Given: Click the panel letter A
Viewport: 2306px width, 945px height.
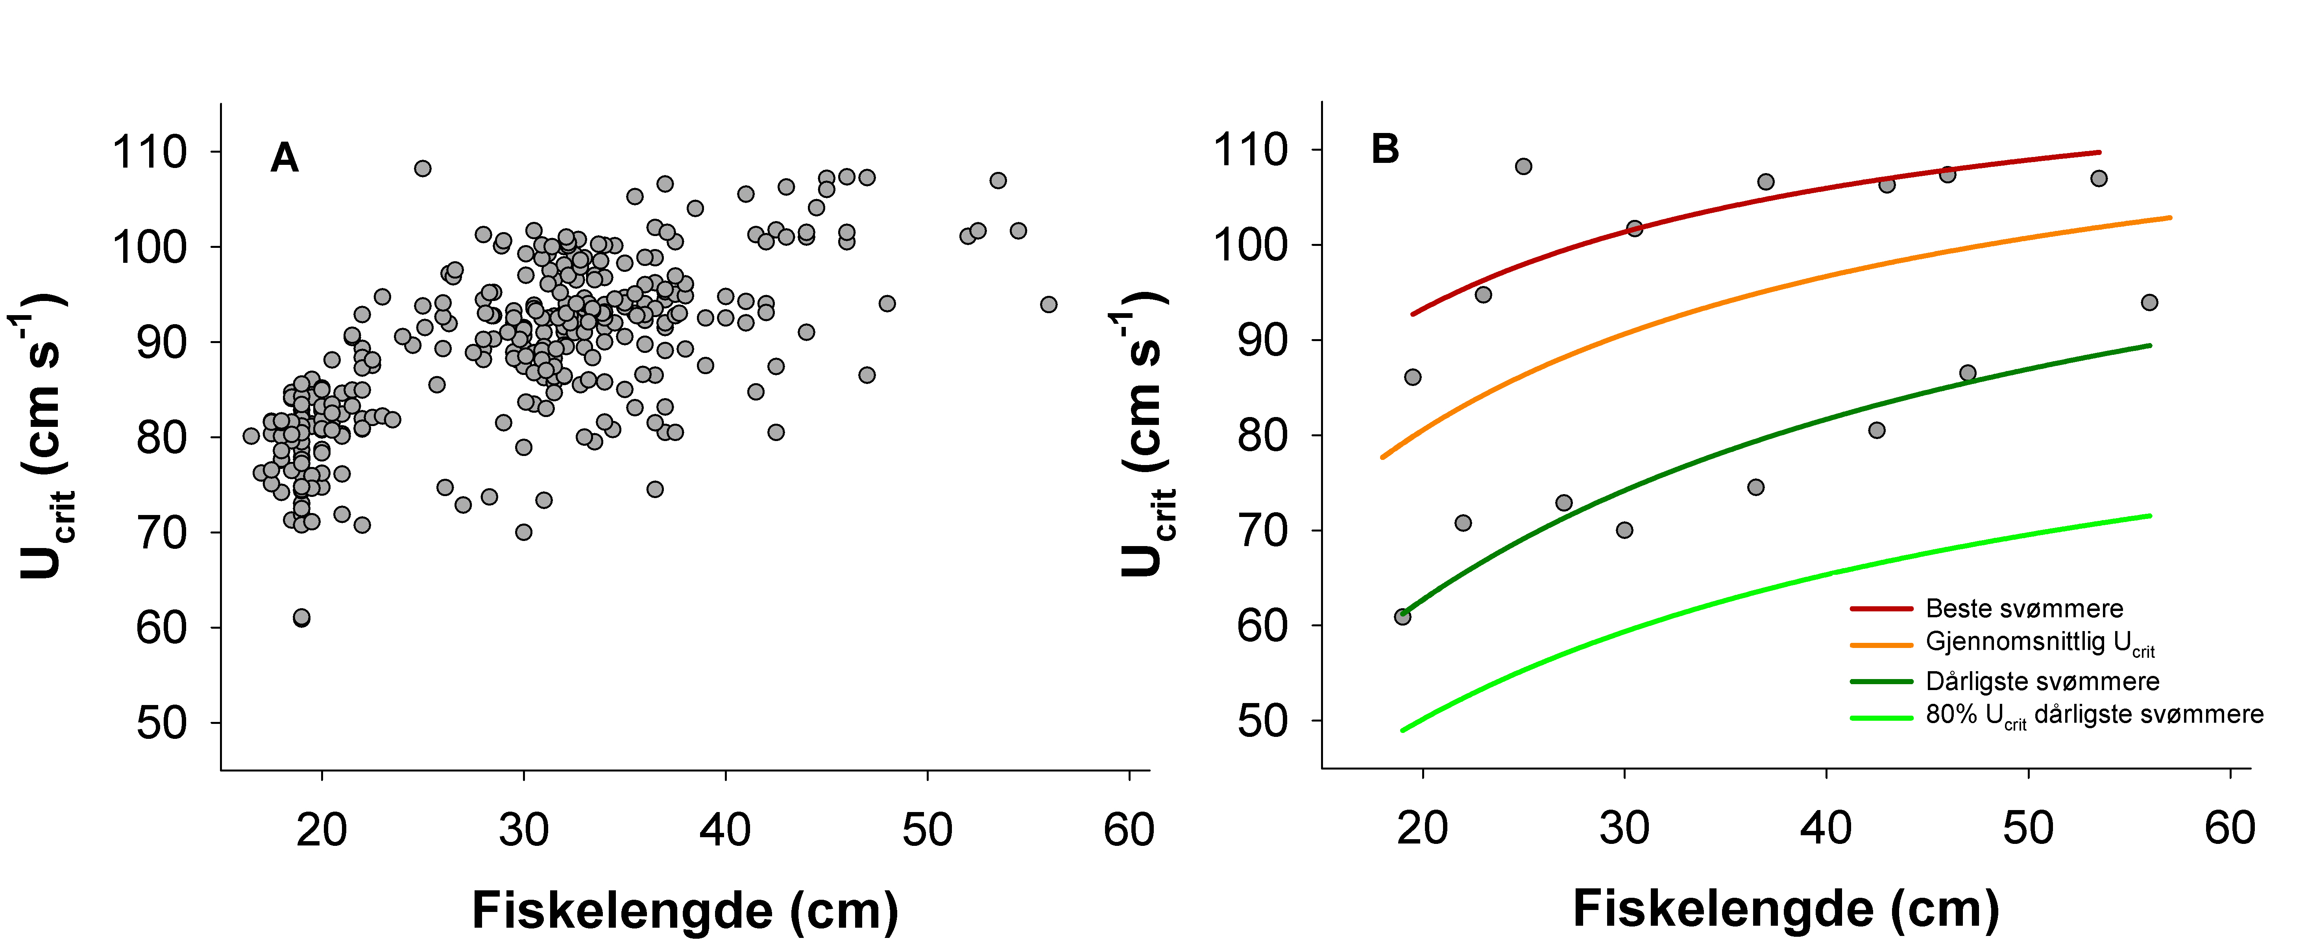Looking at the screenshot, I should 284,159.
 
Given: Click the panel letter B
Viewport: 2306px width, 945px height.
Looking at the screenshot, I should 1385,150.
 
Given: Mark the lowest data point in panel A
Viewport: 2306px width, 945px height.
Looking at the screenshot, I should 302,617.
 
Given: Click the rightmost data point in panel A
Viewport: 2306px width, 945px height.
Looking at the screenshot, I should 1048,304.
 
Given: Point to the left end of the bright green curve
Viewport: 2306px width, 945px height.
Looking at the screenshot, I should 1403,730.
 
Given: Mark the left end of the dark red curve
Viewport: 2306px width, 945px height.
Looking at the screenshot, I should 1413,314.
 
